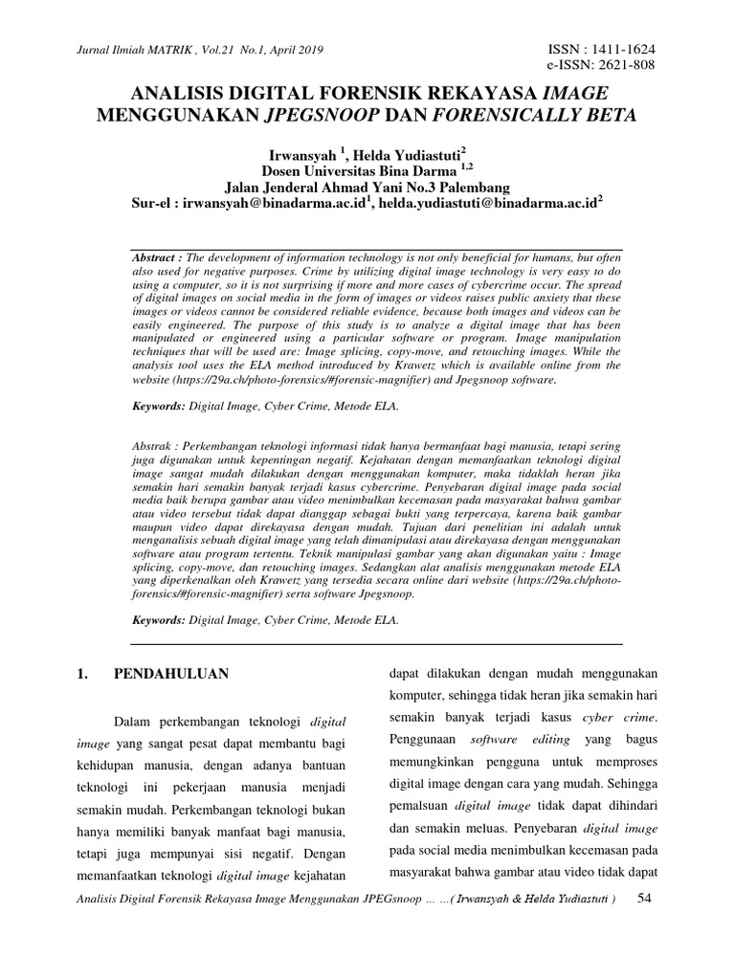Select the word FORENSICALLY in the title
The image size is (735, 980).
[x=511, y=116]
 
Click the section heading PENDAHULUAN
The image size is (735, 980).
[x=171, y=674]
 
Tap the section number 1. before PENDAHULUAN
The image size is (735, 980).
[x=83, y=674]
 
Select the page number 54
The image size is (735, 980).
[x=645, y=899]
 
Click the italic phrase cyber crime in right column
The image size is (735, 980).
[x=621, y=717]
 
